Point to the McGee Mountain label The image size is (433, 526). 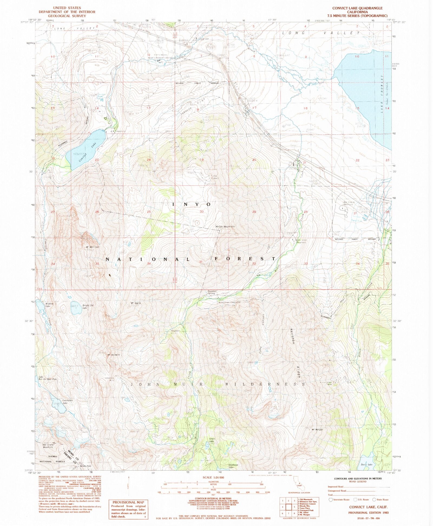225,226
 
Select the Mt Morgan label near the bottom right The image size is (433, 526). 317,430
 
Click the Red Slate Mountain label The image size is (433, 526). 48,446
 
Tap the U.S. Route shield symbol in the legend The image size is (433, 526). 356,500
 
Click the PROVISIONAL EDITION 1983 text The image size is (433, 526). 368,512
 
